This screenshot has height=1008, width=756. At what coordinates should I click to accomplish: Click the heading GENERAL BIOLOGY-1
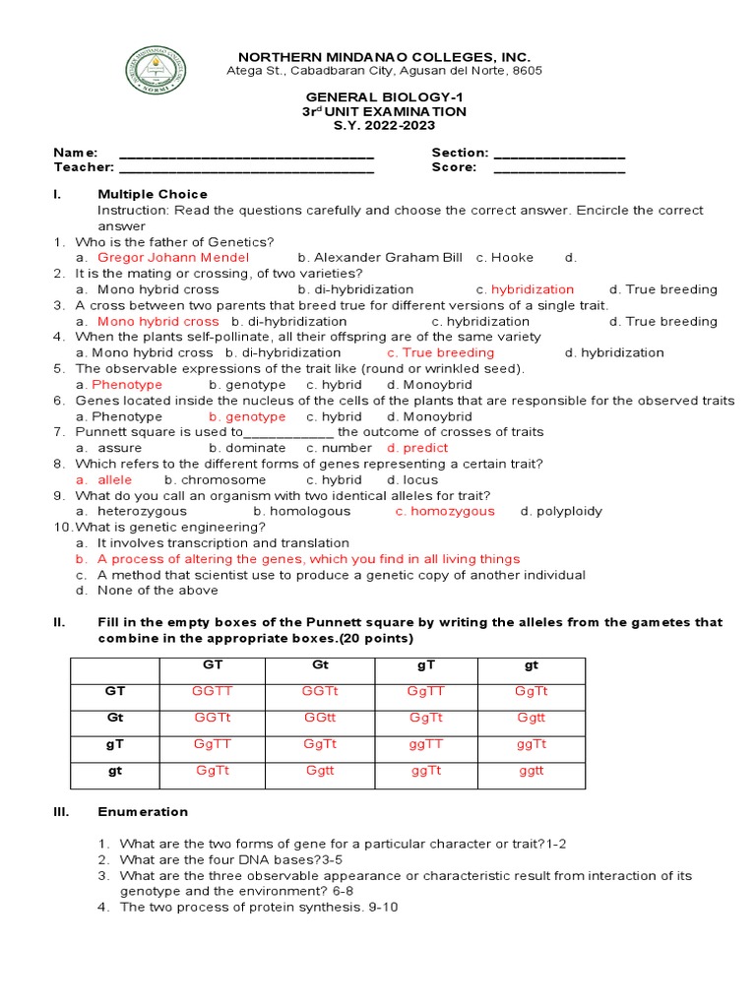pyautogui.click(x=370, y=96)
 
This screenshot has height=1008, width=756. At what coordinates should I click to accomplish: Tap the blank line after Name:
pyautogui.click(x=246, y=154)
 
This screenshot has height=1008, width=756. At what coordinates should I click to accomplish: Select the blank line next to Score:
pyautogui.click(x=558, y=168)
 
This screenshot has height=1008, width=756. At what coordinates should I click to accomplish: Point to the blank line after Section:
pyautogui.click(x=558, y=154)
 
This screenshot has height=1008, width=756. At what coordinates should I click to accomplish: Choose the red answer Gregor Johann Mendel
pyautogui.click(x=173, y=258)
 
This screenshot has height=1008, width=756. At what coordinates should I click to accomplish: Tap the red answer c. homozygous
pyautogui.click(x=445, y=512)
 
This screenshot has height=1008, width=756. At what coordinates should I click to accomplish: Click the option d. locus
pyautogui.click(x=412, y=480)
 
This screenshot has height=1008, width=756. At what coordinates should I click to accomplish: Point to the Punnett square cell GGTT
pyautogui.click(x=213, y=692)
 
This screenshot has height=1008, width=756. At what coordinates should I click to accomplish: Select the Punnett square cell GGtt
pyautogui.click(x=321, y=719)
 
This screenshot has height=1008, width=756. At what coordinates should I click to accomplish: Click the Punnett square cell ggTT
pyautogui.click(x=425, y=745)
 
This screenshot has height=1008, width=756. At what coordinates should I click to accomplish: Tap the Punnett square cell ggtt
pyautogui.click(x=532, y=772)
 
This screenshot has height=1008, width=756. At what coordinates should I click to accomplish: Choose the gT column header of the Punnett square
pyautogui.click(x=425, y=665)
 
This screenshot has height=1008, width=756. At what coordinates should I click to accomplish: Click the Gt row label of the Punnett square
pyautogui.click(x=115, y=719)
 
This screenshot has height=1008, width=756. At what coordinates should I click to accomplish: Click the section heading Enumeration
pyautogui.click(x=142, y=812)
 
